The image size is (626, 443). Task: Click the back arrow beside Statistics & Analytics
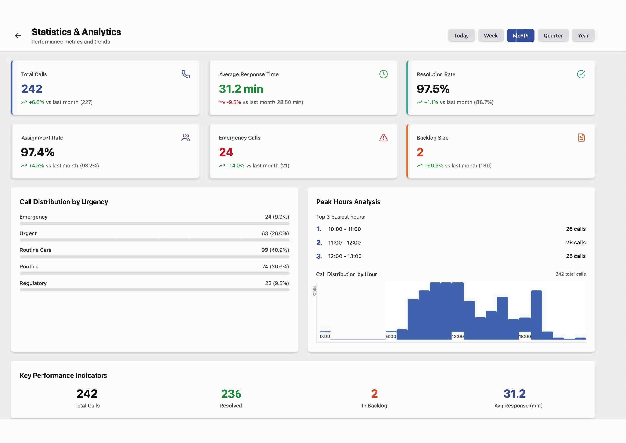[18, 36]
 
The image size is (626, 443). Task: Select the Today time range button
[461, 36]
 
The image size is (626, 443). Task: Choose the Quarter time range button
[553, 36]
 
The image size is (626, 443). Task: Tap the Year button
[583, 36]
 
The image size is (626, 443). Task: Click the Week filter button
[490, 36]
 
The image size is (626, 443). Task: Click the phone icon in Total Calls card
[186, 74]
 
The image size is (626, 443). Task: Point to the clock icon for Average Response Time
[383, 74]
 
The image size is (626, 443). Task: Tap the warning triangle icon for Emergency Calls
[383, 138]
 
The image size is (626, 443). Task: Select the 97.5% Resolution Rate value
[433, 89]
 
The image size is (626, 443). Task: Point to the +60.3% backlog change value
[434, 166]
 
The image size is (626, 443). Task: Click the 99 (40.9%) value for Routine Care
[275, 250]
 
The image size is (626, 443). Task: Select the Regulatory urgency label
[33, 283]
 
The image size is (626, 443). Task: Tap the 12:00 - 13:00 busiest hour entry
[345, 256]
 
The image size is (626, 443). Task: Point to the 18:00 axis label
[524, 336]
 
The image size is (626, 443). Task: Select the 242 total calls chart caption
[570, 274]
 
